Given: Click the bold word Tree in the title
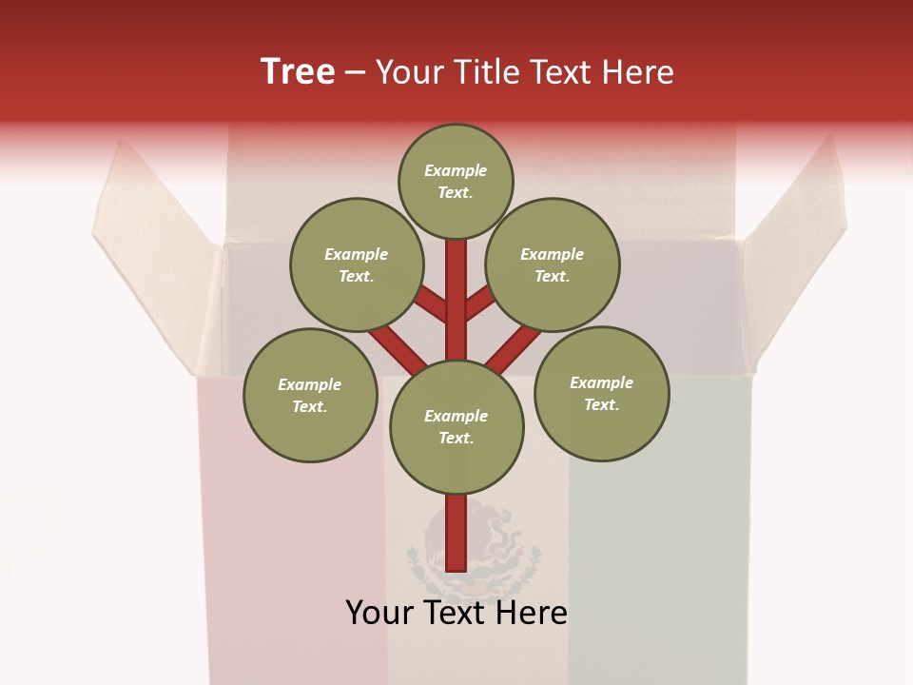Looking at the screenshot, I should [x=298, y=71].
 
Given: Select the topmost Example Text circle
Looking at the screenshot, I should [x=456, y=181].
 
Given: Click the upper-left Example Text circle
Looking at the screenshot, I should [x=356, y=264].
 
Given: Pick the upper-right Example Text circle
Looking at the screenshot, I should [x=552, y=264].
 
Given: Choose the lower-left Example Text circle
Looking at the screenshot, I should [x=309, y=395].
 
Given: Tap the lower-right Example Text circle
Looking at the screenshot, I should [x=601, y=393].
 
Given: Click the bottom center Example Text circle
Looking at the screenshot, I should [x=456, y=426].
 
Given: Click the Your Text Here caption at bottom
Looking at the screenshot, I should [x=456, y=612].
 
